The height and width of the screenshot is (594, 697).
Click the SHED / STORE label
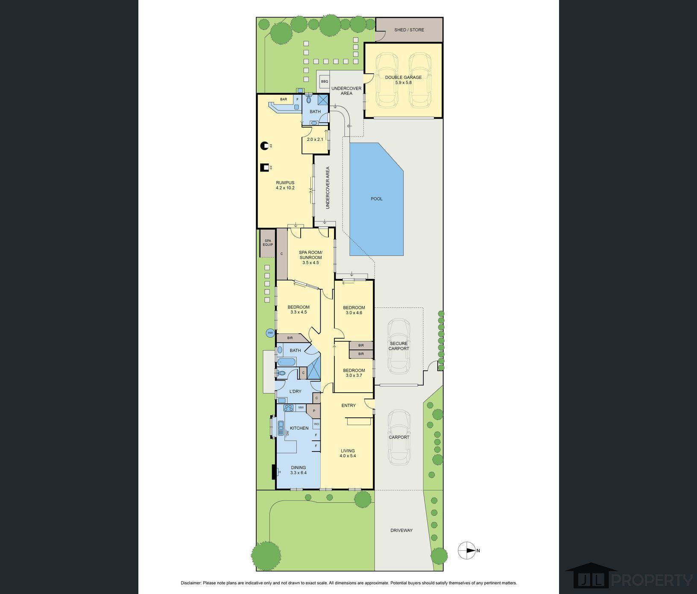pyautogui.click(x=409, y=30)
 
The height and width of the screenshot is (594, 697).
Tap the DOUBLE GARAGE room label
pyautogui.click(x=403, y=77)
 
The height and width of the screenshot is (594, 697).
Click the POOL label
pyautogui.click(x=377, y=199)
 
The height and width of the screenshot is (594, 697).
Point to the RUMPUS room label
pyautogui.click(x=285, y=183)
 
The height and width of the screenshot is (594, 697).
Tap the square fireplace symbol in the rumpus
pyautogui.click(x=265, y=167)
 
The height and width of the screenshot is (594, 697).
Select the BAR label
pyautogui.click(x=284, y=99)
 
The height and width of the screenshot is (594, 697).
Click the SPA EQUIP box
pyautogui.click(x=268, y=243)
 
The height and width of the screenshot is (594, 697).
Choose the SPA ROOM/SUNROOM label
pyautogui.click(x=310, y=255)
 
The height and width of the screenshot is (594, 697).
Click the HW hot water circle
pyautogui.click(x=270, y=333)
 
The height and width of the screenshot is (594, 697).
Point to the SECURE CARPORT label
pyautogui.click(x=399, y=346)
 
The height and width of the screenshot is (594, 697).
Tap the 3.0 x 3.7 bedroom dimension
pyautogui.click(x=354, y=376)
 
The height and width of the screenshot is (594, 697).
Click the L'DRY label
pyautogui.click(x=296, y=391)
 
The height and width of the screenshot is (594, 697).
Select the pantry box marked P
pyautogui.click(x=314, y=411)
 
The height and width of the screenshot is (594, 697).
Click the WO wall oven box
pyautogui.click(x=316, y=424)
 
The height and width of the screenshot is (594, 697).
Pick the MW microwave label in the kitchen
pyautogui.click(x=301, y=408)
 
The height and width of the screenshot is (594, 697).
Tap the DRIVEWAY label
pyautogui.click(x=401, y=530)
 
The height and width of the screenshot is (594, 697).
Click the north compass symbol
pyautogui.click(x=467, y=550)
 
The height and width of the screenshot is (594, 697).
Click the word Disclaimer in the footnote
pyautogui.click(x=191, y=583)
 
